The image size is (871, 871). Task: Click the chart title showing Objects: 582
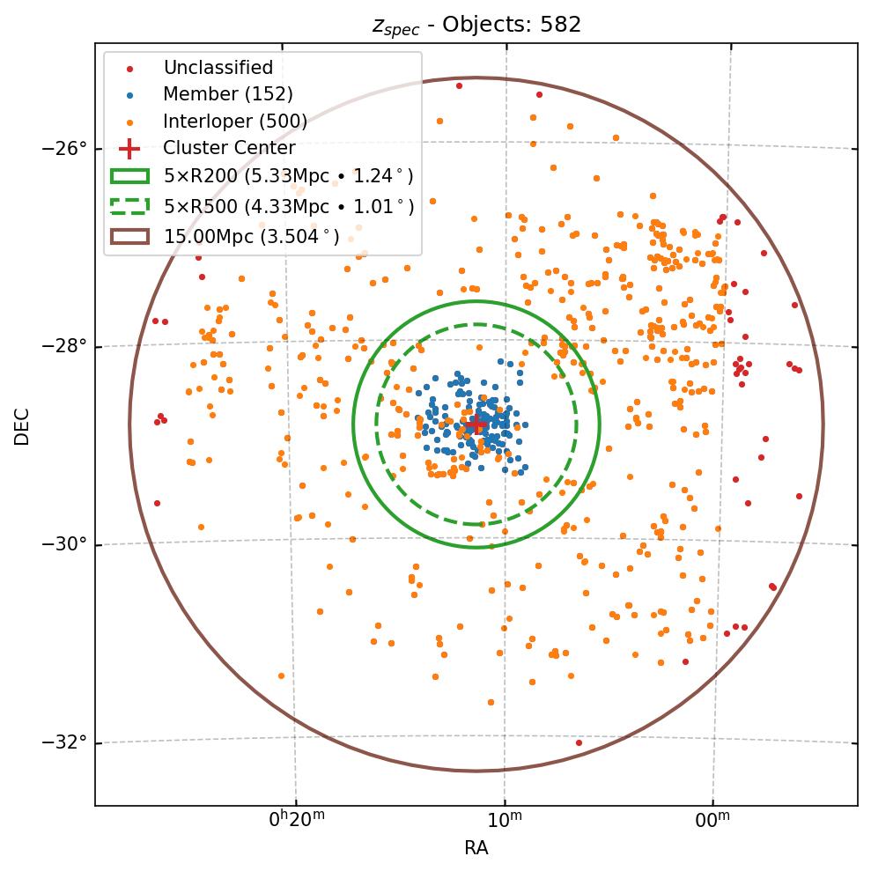476,25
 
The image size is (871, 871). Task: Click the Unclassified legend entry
218,68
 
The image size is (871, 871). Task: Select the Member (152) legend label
227,94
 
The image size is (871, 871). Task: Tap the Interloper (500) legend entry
235,122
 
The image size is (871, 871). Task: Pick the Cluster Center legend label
229,148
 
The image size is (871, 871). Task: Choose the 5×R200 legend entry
288,176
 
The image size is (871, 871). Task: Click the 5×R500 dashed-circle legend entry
288,207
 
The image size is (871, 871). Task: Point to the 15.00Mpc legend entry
251,236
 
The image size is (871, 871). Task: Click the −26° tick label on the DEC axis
64,148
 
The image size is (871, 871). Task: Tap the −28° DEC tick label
64,346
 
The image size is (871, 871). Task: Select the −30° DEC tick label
64,544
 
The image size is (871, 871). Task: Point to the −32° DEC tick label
64,742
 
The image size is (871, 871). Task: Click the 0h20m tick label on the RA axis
297,821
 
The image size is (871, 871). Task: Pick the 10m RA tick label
504,821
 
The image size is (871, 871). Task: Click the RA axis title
476,848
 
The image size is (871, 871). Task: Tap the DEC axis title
22,426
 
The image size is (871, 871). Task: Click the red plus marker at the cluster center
476,424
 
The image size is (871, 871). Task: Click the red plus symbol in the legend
130,148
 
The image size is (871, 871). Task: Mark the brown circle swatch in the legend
130,236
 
